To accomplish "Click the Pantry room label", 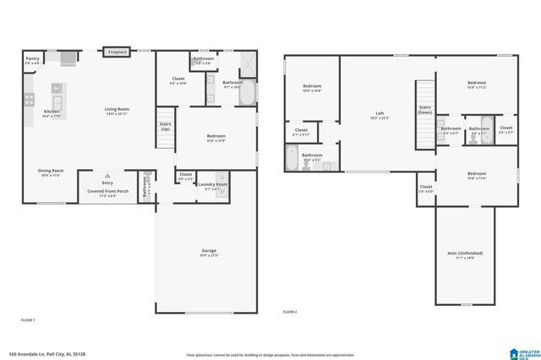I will [32, 59].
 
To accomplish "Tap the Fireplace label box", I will [117, 52].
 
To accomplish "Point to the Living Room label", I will [116, 110].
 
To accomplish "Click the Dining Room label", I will [51, 172].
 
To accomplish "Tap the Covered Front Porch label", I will [107, 193].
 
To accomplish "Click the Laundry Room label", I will [216, 186].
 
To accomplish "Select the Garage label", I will [208, 252].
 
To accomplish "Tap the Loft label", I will [380, 115].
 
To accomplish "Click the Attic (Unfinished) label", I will [465, 254].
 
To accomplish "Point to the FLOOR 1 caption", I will [29, 320].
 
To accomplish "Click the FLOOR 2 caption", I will [290, 312].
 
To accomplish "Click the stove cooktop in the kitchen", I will [66, 57].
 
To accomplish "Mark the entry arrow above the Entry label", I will [107, 173].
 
